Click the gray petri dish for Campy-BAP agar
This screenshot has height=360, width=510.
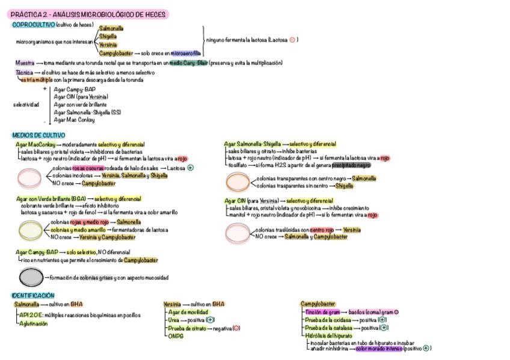click(30, 277)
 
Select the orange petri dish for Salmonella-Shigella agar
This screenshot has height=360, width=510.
click(238, 182)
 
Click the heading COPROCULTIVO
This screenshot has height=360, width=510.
click(33, 25)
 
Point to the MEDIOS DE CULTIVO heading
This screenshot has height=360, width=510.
click(38, 135)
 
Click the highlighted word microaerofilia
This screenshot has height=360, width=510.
click(186, 53)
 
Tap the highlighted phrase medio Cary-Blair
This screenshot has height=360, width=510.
click(188, 63)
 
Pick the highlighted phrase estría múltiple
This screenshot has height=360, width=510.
click(36, 79)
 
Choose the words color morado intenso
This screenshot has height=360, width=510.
click(378, 348)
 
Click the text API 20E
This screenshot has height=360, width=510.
click(31, 314)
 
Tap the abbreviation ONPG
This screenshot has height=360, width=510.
click(176, 336)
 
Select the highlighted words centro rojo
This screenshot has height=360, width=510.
click(322, 230)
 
